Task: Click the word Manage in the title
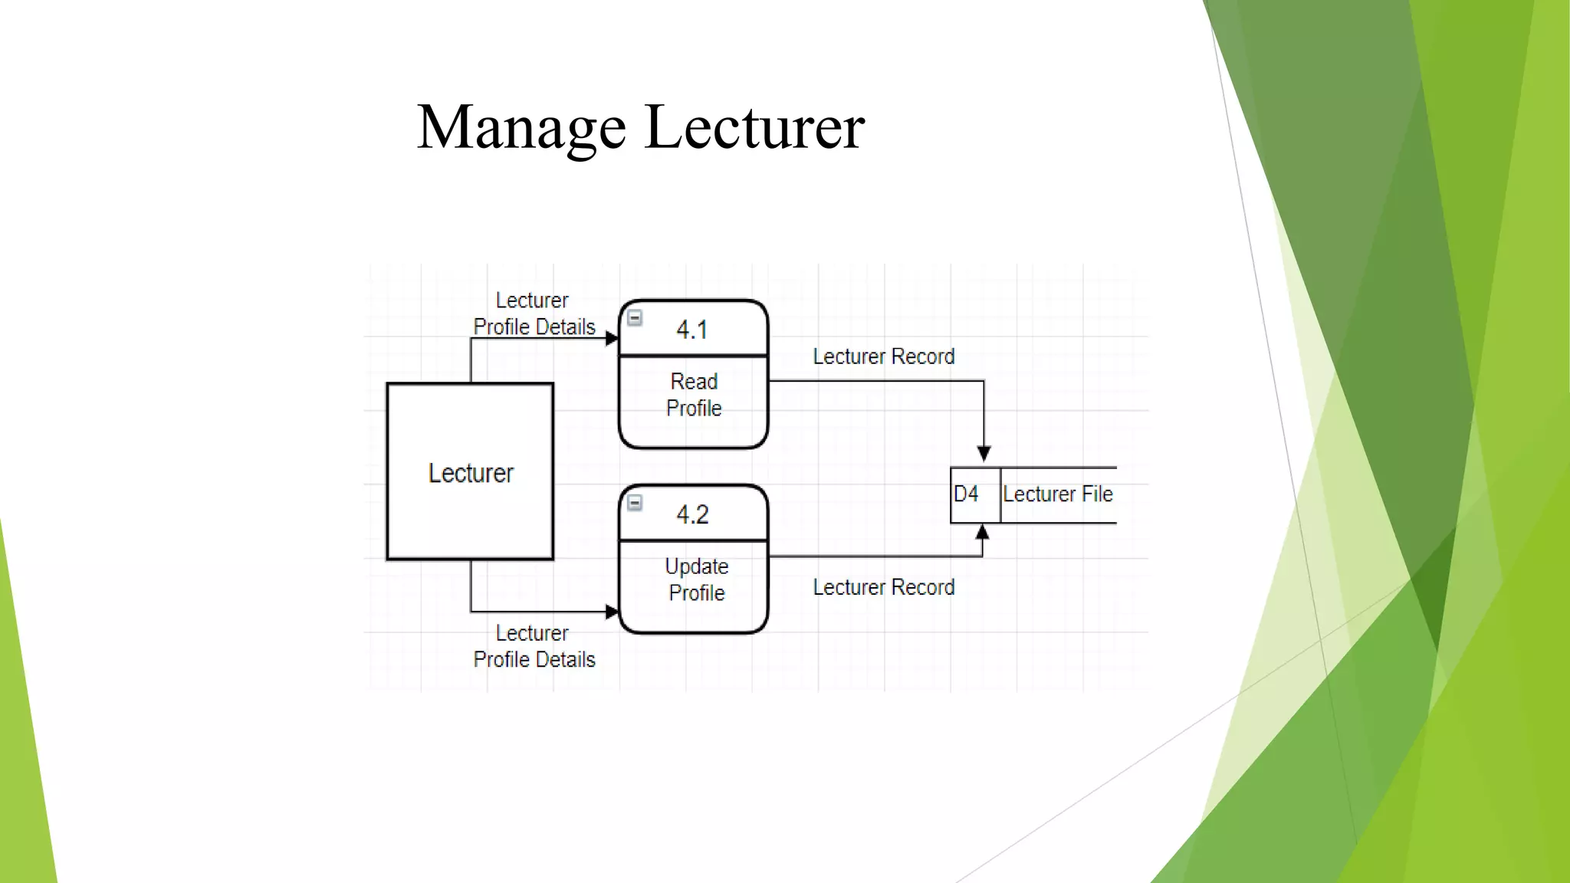click(521, 128)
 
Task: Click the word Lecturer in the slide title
click(754, 128)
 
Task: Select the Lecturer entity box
click(470, 472)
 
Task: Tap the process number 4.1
click(692, 330)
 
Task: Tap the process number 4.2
click(692, 515)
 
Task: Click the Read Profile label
click(694, 395)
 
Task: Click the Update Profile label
click(696, 579)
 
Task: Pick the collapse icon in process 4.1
click(635, 318)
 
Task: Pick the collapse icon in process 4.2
click(635, 503)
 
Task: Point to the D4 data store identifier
click(966, 494)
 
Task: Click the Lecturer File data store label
click(1057, 494)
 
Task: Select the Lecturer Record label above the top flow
click(883, 357)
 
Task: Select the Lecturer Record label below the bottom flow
click(883, 588)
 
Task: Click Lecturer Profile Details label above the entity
click(534, 313)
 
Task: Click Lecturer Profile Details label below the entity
click(534, 646)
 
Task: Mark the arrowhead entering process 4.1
click(612, 338)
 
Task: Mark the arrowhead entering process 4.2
click(612, 612)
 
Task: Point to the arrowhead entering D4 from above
click(984, 454)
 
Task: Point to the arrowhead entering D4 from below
click(982, 532)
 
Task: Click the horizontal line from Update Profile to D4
click(874, 556)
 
